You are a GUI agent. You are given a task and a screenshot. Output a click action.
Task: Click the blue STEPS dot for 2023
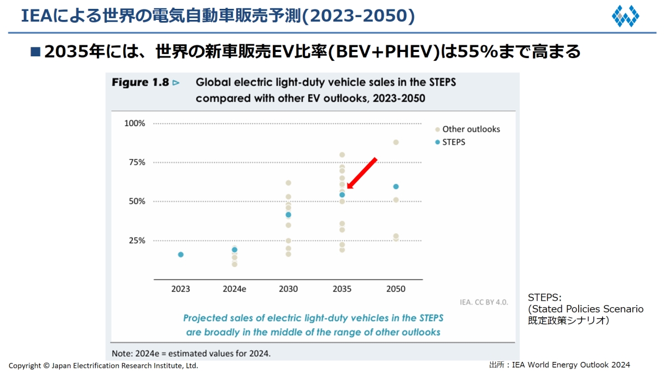(180, 255)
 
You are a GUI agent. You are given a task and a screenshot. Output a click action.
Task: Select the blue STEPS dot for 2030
(288, 214)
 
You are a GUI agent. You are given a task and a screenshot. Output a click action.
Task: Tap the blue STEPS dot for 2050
(396, 187)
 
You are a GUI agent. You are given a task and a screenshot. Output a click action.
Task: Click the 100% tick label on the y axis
(134, 123)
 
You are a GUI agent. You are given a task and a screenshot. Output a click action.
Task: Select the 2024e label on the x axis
(235, 289)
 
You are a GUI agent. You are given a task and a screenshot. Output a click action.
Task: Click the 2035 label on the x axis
(342, 289)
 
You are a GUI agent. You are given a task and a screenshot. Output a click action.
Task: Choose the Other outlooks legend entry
(470, 129)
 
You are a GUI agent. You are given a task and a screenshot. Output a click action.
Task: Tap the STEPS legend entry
(454, 142)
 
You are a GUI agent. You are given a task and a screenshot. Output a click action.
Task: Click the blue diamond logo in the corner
(625, 16)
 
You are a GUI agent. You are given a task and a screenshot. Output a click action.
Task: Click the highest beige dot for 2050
(396, 143)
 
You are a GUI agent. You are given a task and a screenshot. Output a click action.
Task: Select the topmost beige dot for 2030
(288, 183)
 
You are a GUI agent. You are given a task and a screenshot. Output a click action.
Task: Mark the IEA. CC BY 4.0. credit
(484, 302)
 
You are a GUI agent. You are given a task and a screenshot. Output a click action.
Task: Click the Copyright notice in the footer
(103, 366)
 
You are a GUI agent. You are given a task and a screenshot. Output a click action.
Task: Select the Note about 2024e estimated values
(191, 353)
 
